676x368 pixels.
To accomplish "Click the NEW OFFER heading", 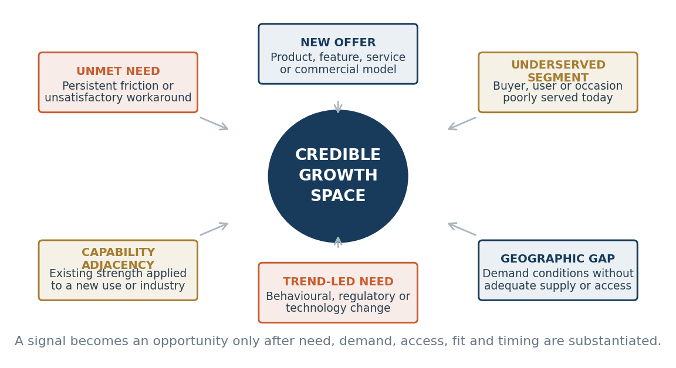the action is coord(338,43).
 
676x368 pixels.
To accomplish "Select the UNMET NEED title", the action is coord(118,71).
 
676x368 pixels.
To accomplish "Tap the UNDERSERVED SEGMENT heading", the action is coord(558,71).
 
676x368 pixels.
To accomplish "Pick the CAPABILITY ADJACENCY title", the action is coord(118,258).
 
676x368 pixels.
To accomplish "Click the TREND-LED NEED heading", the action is coord(338,281).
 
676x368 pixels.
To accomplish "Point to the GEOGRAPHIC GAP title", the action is coord(558,258).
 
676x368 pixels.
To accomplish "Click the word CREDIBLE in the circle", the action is coord(338,155).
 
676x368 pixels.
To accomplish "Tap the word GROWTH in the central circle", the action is coord(338,175).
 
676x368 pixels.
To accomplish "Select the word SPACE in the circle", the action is coord(338,196).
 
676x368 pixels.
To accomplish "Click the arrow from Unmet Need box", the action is coord(214,123).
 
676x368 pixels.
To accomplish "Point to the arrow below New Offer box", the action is coord(338,107).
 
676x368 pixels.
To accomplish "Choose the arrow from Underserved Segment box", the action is coord(462,123).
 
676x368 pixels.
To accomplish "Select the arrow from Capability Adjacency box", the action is coord(214,229).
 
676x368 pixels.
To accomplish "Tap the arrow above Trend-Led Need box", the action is coord(338,243).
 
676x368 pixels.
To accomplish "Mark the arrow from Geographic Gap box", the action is coord(462,229).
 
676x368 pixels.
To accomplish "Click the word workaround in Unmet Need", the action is coord(161,98).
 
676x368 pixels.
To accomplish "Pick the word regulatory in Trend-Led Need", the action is coord(372,296).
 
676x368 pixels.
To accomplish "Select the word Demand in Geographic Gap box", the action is coord(502,273).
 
